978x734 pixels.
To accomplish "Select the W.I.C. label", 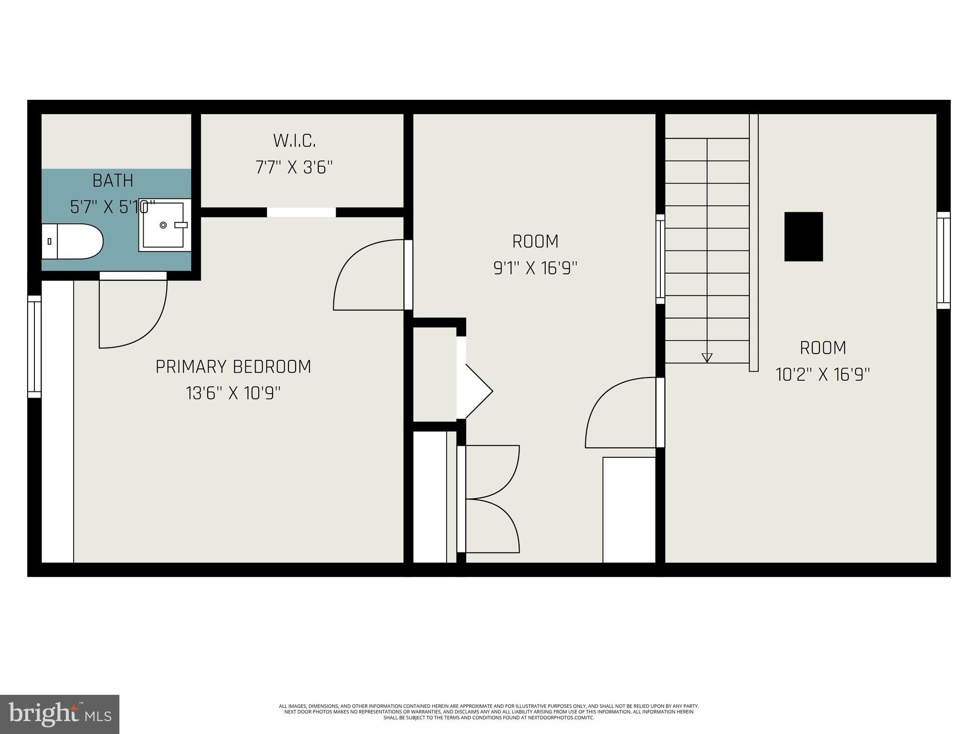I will pos(294,140).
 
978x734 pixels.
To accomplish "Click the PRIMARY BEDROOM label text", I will pos(233,367).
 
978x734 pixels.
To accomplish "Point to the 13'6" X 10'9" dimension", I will pos(233,394).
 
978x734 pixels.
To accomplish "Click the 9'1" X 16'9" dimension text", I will pos(535,268).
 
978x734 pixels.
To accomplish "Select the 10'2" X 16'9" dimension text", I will pos(823,374).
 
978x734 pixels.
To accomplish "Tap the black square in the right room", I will pos(803,237).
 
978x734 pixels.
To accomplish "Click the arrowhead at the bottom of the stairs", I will pos(707,357).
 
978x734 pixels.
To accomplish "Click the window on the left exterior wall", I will pos(34,346).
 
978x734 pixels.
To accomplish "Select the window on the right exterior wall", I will pos(943,260).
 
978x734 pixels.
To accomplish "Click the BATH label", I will pos(113,181).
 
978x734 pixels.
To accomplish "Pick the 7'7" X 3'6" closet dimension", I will pos(294,168).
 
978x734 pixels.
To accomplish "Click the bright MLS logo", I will pos(60,714).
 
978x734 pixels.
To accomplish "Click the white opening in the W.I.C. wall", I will pos(301,212).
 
